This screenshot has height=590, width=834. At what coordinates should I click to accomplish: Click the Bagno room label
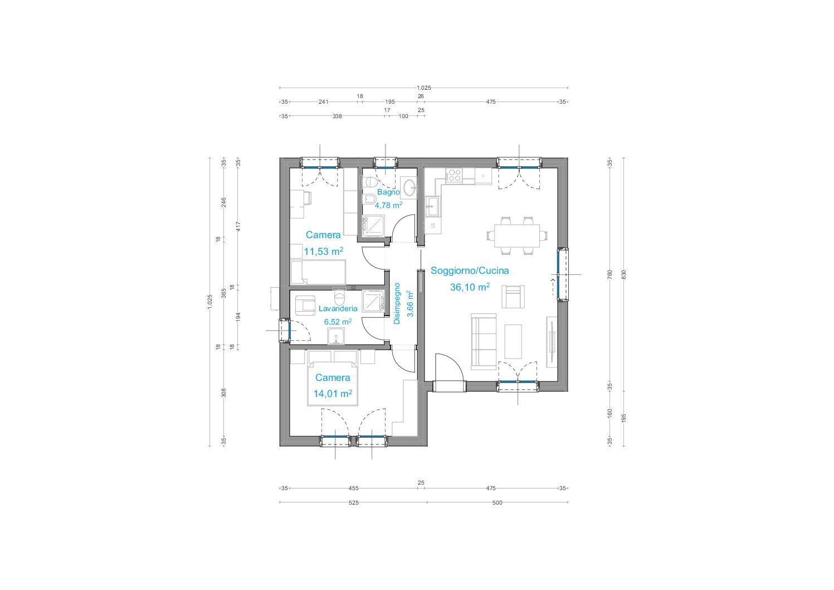[388, 192]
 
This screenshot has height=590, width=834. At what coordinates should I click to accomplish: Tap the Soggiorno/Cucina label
[470, 270]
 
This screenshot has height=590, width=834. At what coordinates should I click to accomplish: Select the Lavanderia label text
[338, 308]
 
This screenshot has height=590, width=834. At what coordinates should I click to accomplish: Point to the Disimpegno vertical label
[397, 303]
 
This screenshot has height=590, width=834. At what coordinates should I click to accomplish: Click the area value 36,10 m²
[470, 287]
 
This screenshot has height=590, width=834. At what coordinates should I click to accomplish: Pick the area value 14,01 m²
[333, 394]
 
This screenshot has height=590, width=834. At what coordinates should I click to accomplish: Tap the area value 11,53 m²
[323, 251]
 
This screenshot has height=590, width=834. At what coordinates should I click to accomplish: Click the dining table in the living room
[517, 235]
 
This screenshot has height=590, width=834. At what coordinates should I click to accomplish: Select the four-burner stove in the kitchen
[454, 175]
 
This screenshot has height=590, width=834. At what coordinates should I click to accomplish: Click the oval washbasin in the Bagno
[408, 188]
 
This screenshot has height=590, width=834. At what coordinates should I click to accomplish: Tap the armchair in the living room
[513, 297]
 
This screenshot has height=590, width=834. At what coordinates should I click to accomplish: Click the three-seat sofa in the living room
[483, 341]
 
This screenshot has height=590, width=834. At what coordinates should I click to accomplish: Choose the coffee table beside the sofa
[513, 341]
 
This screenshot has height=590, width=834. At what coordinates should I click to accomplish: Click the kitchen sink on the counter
[433, 206]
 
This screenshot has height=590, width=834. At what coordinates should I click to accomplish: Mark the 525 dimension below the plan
[353, 502]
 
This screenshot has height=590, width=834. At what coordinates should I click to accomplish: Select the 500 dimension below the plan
[498, 502]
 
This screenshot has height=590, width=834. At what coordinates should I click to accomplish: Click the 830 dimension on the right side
[624, 275]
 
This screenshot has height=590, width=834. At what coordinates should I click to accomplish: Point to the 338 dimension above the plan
[337, 117]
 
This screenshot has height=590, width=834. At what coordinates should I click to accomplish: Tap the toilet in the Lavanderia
[339, 297]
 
